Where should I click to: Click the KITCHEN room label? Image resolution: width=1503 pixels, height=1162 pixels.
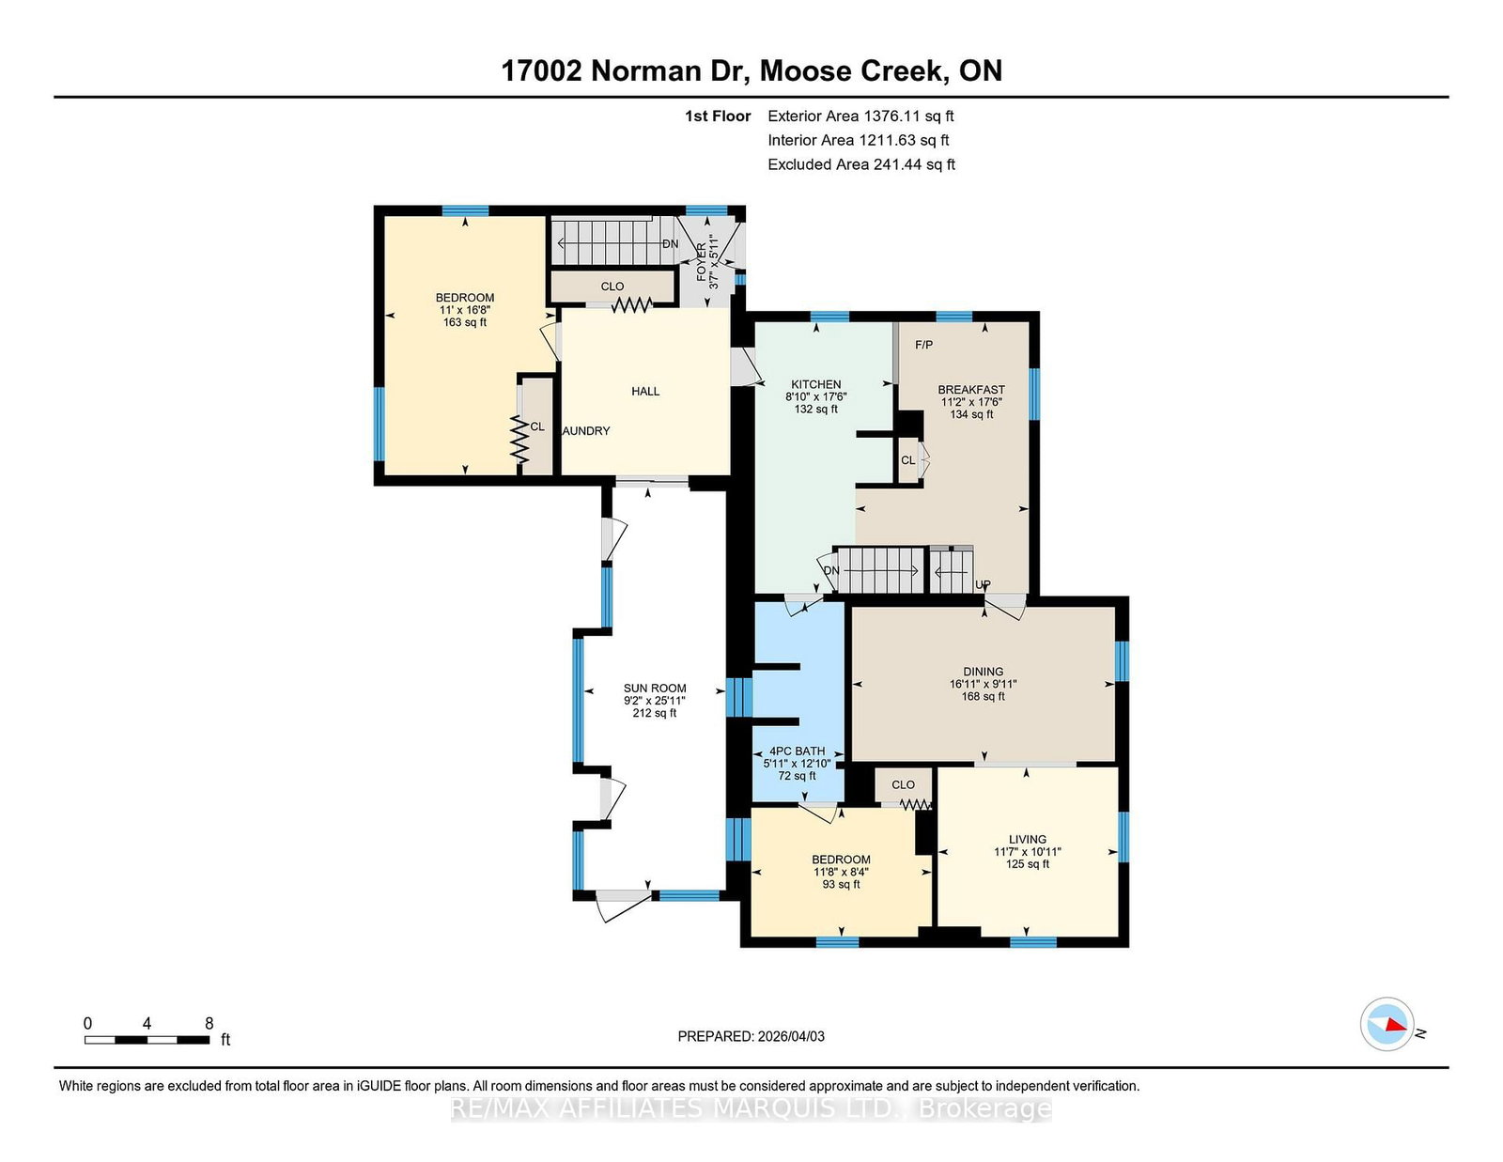pos(816,384)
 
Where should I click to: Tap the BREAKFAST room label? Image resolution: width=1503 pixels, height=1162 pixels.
pos(971,390)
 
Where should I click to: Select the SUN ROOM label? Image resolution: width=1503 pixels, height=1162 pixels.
pos(655,689)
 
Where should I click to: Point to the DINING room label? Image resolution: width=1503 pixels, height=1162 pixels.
pos(983,672)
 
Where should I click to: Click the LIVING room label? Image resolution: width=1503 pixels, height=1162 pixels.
pos(1028,840)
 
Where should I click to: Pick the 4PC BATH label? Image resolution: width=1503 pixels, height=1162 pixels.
pos(797,751)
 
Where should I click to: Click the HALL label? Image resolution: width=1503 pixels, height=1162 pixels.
pos(645,392)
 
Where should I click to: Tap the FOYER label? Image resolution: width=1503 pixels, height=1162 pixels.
pos(702,262)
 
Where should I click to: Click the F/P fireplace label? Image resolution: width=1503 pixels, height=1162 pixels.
pos(924,345)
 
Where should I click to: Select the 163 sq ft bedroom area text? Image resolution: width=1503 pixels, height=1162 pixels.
pos(465,322)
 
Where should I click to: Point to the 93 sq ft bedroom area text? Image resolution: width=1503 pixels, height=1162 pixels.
pos(841,885)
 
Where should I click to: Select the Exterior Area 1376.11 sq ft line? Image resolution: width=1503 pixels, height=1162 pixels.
pos(860,116)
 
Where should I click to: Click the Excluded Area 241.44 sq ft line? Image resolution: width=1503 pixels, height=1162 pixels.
pos(861,164)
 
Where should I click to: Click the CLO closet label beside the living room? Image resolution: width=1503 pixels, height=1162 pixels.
pos(903,785)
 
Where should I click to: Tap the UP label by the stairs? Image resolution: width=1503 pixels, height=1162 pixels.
pos(983,585)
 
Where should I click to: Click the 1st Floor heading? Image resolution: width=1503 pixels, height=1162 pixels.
pos(718,116)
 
